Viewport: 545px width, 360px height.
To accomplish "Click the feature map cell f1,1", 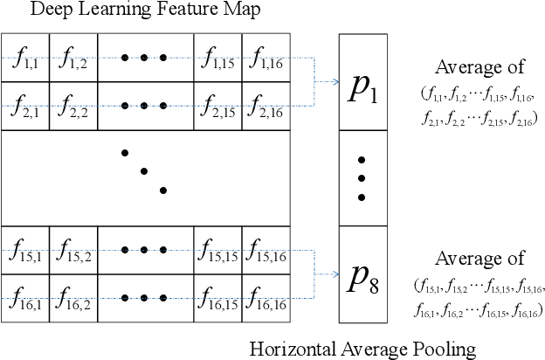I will click(25, 59).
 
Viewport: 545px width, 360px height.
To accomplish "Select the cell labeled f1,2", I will click(73, 59).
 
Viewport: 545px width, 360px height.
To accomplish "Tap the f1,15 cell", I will click(217, 59).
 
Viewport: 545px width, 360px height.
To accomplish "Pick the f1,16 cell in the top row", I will click(266, 59).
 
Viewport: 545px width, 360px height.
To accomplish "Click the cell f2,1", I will click(25, 107).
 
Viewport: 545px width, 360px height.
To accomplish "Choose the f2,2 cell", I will click(73, 107).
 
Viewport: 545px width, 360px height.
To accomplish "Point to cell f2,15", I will click(217, 107).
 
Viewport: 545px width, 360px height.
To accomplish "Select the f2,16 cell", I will click(266, 107).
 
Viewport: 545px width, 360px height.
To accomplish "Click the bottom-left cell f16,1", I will click(25, 297).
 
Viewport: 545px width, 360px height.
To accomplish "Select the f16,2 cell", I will click(73, 297).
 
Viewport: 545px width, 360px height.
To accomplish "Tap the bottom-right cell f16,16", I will click(266, 297).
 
